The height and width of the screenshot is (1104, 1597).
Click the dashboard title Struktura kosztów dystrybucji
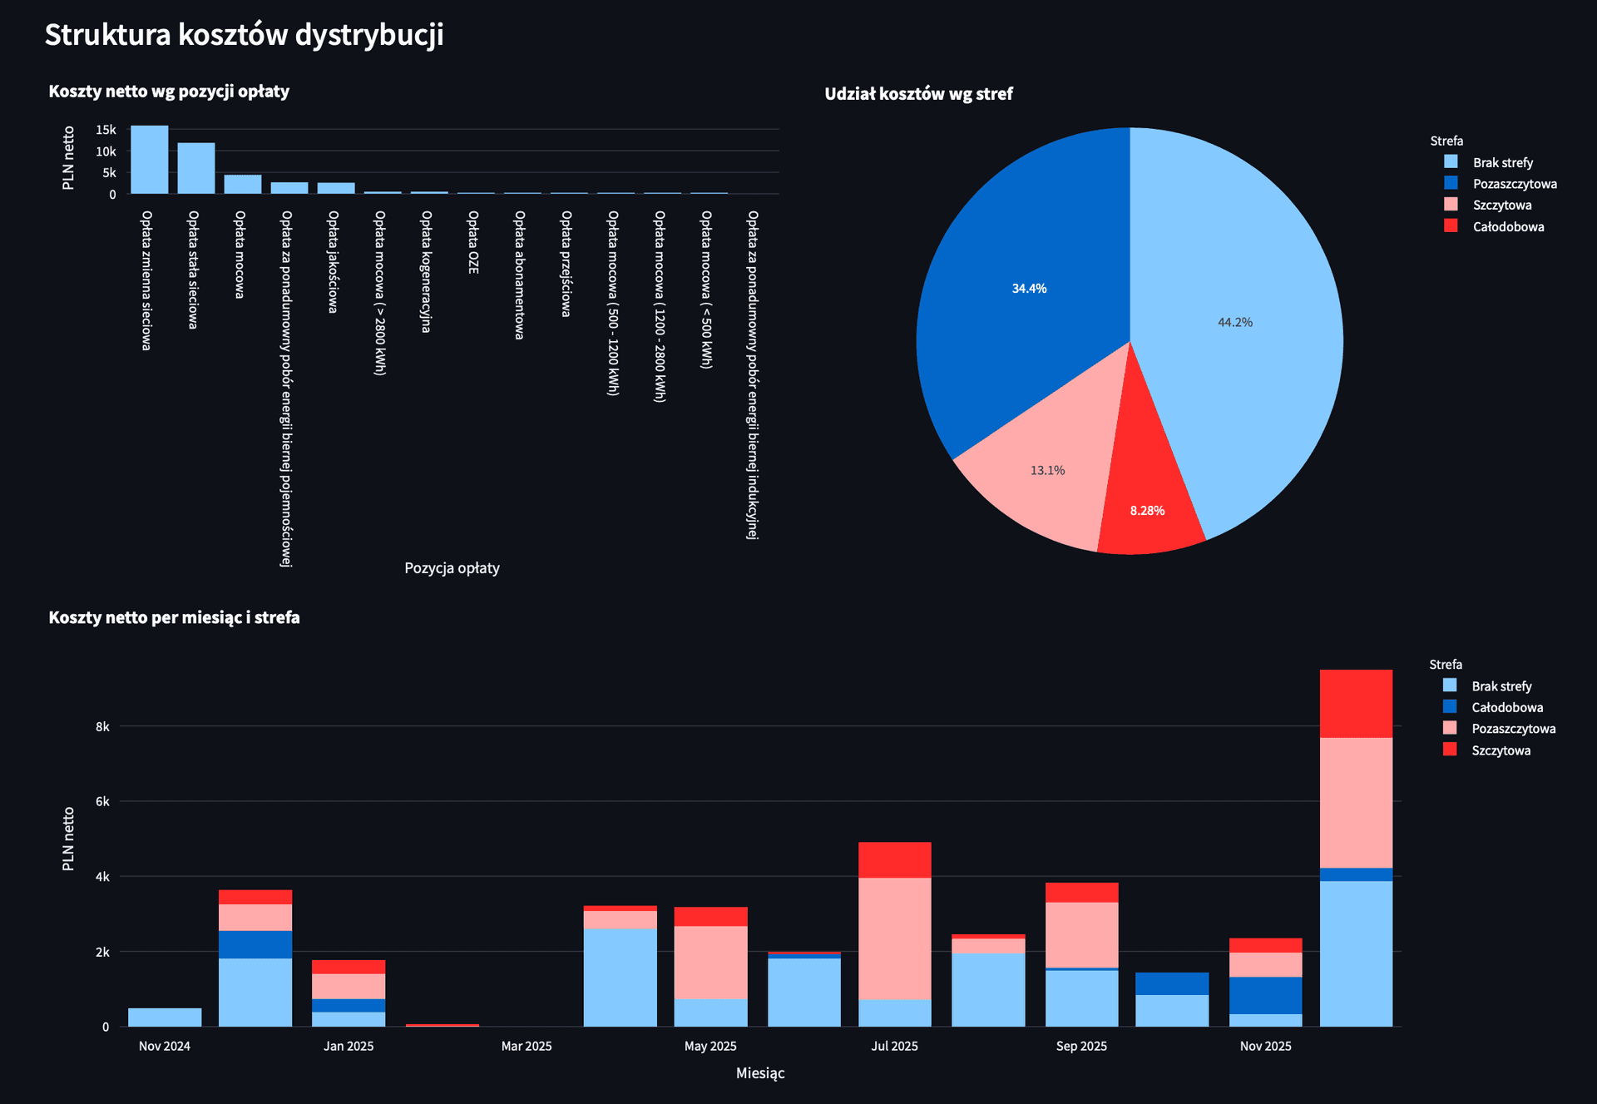(244, 35)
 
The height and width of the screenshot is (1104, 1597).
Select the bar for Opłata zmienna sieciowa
(150, 160)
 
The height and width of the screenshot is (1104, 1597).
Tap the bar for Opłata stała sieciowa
(196, 169)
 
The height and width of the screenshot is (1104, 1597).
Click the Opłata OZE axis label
(472, 242)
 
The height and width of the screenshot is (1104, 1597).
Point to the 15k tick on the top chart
(106, 130)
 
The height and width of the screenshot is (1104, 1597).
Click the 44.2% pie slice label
(1234, 323)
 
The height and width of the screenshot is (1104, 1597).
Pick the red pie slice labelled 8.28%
(1147, 511)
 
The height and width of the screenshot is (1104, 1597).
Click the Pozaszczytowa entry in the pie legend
(1514, 184)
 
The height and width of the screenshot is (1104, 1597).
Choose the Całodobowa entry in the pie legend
(1507, 227)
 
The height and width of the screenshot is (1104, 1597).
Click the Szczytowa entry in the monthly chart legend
(1500, 750)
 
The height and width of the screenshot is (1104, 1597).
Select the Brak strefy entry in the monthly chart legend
(1501, 686)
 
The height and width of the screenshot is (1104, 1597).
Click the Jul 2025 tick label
(894, 1046)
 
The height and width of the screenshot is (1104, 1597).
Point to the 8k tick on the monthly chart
(102, 726)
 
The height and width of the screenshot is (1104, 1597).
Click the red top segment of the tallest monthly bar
(1356, 704)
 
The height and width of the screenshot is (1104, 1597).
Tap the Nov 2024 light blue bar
(165, 1017)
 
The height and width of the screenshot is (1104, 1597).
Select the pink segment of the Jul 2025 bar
(894, 938)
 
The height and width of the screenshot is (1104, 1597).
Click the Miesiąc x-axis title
(760, 1073)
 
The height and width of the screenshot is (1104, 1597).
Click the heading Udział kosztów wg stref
(918, 94)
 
